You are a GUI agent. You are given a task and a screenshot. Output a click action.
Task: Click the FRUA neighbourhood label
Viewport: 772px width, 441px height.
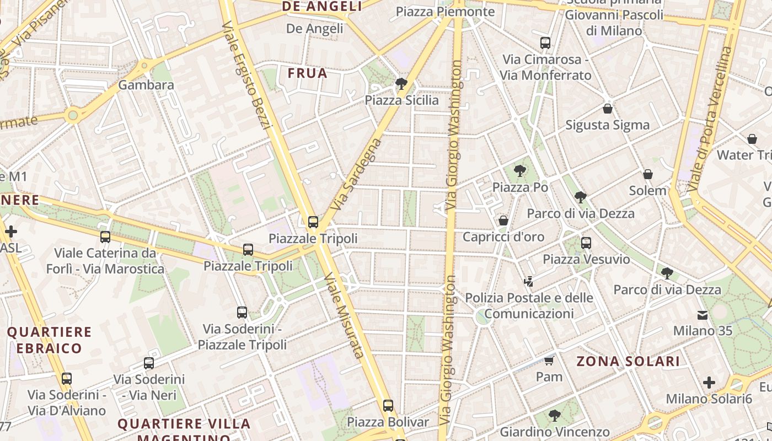[307, 73]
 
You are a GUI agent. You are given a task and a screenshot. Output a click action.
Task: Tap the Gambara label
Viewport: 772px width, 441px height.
[146, 85]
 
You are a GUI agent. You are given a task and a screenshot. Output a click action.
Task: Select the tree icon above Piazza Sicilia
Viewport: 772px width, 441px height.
[401, 84]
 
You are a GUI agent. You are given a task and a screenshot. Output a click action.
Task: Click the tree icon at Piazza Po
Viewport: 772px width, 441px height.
[519, 171]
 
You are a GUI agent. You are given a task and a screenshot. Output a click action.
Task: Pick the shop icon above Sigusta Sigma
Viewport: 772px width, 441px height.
[607, 109]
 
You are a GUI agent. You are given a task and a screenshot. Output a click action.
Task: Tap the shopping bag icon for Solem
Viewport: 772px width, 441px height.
[648, 174]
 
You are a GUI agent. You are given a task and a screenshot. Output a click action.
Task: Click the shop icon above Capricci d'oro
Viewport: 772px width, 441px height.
[503, 220]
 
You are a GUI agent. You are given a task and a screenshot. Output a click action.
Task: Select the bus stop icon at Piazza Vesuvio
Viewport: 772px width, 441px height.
[586, 243]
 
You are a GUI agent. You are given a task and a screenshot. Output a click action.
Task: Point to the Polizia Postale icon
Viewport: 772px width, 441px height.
[528, 281]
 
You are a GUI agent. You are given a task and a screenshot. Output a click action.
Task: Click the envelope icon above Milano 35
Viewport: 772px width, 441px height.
[703, 315]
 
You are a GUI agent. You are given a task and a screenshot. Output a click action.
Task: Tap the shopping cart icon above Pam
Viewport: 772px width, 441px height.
[549, 361]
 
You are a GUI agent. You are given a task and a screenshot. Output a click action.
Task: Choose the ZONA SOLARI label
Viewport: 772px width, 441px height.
[628, 362]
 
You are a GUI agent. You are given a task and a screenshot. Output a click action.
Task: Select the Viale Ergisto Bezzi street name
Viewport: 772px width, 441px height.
[246, 75]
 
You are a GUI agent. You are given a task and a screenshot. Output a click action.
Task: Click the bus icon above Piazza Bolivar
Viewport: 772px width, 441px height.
[388, 406]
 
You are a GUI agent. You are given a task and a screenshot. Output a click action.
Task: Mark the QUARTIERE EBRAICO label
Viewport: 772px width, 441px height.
[49, 340]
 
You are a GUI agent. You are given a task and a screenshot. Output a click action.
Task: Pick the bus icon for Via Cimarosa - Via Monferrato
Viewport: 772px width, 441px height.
[545, 43]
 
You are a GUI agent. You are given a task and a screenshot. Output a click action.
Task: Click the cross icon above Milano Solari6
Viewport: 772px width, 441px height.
[709, 383]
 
